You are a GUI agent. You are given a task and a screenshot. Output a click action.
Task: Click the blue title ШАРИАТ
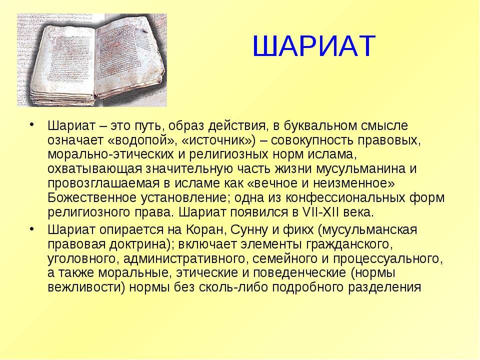pyautogui.click(x=313, y=47)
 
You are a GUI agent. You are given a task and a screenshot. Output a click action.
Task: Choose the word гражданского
pyautogui.click(x=345, y=244)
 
